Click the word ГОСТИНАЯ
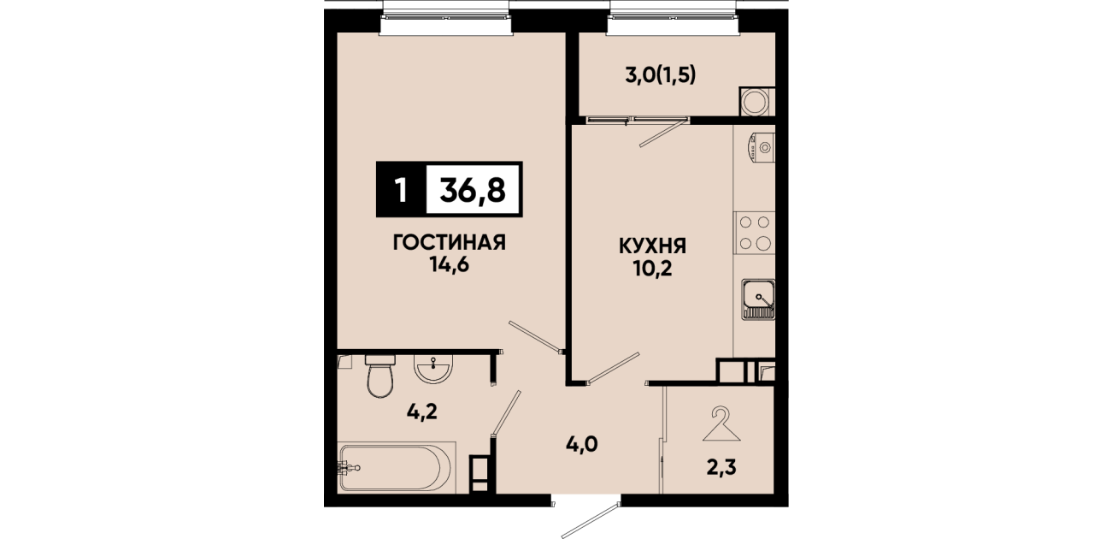450,243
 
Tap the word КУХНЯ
652,246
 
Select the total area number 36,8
473,190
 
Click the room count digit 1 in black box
401,190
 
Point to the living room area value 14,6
450,266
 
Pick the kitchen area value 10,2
652,269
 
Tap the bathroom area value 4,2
422,412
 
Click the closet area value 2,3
721,467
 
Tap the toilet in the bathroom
380,376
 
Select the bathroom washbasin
434,369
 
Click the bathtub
396,467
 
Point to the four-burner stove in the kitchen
754,233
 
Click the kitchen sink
758,299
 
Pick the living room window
447,18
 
